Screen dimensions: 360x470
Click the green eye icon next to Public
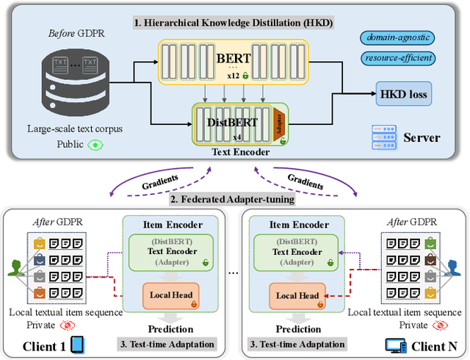[94, 145]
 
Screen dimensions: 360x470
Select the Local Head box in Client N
[297, 296]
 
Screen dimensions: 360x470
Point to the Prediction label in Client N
[297, 329]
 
